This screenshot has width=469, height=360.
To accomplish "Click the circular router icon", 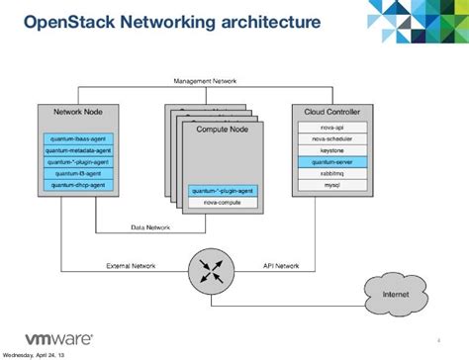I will coord(208,269).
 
